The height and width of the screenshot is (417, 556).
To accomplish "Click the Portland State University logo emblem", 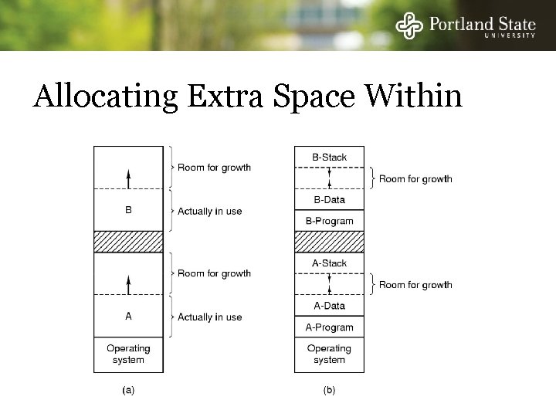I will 409,26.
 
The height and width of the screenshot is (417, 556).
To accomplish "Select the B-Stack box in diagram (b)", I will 329,158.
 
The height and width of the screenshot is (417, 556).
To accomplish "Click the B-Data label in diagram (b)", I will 329,200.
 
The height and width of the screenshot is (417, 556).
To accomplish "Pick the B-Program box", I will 329,221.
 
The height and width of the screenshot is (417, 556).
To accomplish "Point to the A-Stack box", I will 329,263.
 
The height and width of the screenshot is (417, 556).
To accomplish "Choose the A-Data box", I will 329,306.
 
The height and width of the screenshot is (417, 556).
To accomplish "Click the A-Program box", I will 329,327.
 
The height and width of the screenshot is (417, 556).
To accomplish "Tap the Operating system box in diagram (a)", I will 128,354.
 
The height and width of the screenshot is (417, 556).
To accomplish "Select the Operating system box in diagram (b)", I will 329,354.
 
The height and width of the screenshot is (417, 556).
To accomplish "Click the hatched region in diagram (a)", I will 128,242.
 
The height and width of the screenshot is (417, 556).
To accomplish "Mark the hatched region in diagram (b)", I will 329,242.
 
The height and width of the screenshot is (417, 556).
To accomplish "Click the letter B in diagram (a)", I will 128,209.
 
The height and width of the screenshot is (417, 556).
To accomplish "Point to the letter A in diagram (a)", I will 128,316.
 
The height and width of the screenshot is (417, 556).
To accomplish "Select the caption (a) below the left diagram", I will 128,390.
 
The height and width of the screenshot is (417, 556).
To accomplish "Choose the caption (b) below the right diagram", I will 329,390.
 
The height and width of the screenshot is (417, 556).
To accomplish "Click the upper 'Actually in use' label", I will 209,211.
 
